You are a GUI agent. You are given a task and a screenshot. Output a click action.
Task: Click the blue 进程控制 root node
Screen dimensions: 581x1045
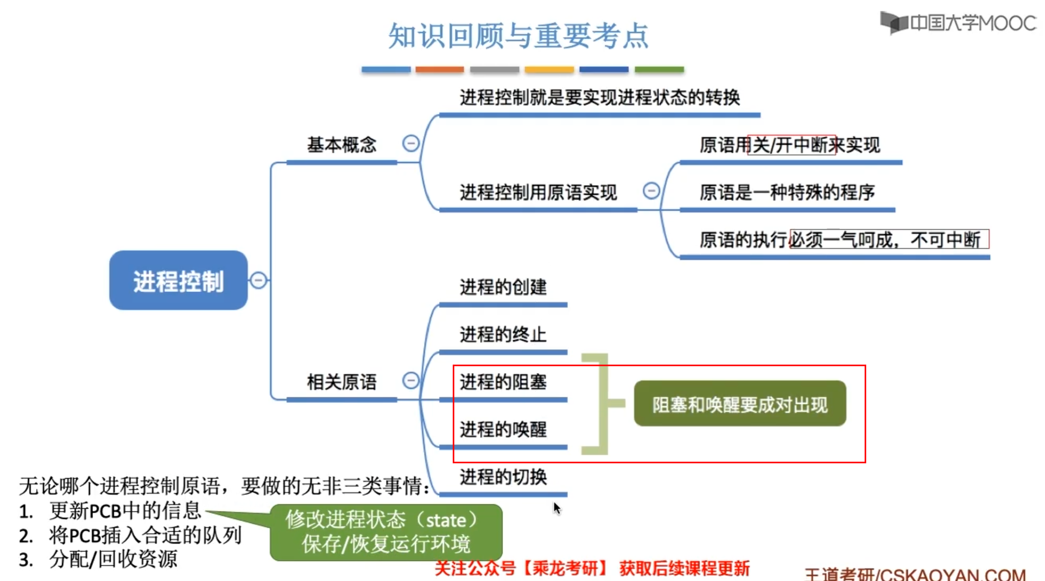click(178, 281)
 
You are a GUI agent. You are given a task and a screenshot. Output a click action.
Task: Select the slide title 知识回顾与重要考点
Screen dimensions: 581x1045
click(519, 36)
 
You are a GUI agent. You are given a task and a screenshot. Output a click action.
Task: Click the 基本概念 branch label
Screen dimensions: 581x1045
click(342, 145)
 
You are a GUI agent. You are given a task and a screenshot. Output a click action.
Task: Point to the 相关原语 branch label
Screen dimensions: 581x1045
click(342, 382)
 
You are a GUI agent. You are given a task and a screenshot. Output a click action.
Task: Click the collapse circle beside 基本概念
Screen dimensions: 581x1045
click(411, 143)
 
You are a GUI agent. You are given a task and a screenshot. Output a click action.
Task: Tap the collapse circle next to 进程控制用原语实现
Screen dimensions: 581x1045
click(651, 191)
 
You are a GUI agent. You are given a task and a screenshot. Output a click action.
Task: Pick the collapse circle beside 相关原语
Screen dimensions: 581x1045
click(411, 380)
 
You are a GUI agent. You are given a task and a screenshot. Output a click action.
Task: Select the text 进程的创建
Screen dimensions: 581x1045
click(503, 287)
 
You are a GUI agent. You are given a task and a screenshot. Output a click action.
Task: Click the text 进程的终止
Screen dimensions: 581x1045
click(503, 334)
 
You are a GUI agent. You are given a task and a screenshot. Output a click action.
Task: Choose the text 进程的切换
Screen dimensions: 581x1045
click(503, 477)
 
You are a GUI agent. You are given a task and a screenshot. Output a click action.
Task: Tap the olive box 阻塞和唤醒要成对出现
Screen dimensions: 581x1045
click(740, 404)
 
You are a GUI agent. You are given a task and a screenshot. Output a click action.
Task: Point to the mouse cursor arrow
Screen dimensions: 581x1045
click(557, 508)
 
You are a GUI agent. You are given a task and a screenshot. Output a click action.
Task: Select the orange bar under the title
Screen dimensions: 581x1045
click(440, 70)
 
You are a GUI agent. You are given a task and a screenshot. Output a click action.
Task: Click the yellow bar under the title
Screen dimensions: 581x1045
click(549, 70)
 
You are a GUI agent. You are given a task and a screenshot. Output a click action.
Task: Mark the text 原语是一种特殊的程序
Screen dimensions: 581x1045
click(787, 192)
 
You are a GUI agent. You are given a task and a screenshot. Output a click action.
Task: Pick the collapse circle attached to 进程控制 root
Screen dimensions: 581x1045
click(258, 280)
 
